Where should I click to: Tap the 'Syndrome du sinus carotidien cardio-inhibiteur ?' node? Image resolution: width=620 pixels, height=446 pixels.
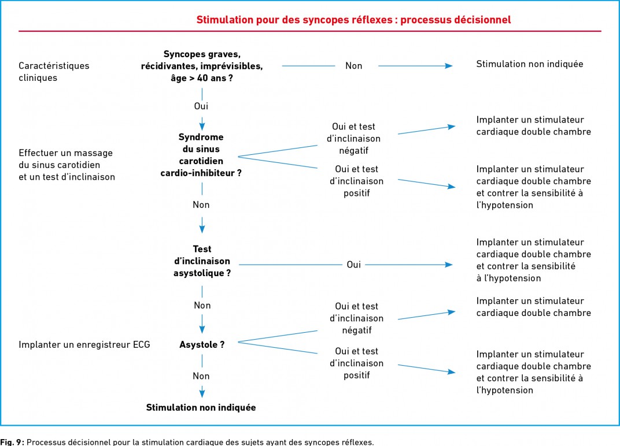click(201, 155)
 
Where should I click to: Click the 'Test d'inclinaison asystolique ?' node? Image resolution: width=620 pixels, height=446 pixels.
click(202, 261)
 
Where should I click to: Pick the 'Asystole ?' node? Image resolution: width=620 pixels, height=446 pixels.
click(202, 344)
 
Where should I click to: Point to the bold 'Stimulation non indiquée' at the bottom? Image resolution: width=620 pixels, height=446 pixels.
click(201, 407)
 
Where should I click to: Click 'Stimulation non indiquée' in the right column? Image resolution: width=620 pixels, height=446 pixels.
click(529, 64)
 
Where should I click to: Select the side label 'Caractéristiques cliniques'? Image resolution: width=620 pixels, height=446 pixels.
click(54, 72)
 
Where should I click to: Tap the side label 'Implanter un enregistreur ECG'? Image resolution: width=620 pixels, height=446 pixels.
click(84, 344)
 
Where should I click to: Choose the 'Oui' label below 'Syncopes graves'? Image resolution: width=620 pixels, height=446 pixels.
click(201, 106)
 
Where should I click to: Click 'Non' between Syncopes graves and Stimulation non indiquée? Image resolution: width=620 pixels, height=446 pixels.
click(353, 66)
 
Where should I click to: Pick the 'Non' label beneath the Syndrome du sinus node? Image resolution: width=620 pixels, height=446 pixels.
click(201, 205)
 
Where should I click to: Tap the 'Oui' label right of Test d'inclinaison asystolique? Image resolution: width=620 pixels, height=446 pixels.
click(353, 264)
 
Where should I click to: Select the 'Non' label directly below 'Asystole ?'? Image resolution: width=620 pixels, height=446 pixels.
click(201, 376)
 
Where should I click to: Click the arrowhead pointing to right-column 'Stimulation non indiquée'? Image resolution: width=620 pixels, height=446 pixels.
click(449, 66)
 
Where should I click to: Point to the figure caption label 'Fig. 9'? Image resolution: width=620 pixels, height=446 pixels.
click(12, 442)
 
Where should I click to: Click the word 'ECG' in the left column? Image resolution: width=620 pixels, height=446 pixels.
click(141, 344)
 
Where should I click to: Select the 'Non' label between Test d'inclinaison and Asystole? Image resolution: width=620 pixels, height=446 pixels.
click(202, 306)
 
